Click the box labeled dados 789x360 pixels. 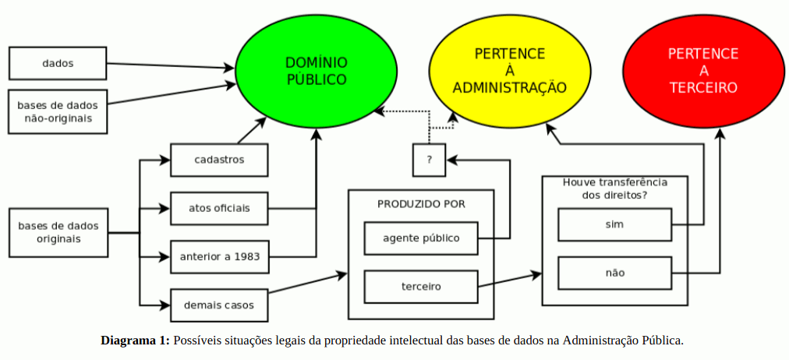(x=58, y=63)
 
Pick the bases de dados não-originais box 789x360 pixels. (x=58, y=111)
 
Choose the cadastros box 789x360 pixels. (x=219, y=160)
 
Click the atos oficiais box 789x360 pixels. (x=219, y=208)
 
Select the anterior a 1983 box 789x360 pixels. (x=219, y=256)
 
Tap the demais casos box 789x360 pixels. (x=219, y=304)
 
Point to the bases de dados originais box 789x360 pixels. (x=58, y=232)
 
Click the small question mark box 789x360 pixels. (x=429, y=160)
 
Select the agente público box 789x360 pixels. (x=421, y=238)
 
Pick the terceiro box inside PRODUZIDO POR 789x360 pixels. (x=421, y=286)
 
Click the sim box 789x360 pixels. (x=614, y=224)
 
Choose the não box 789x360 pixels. (x=614, y=273)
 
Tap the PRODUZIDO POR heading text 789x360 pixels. (x=421, y=204)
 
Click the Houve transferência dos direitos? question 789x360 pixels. (x=614, y=188)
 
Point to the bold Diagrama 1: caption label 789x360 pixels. (x=135, y=340)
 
